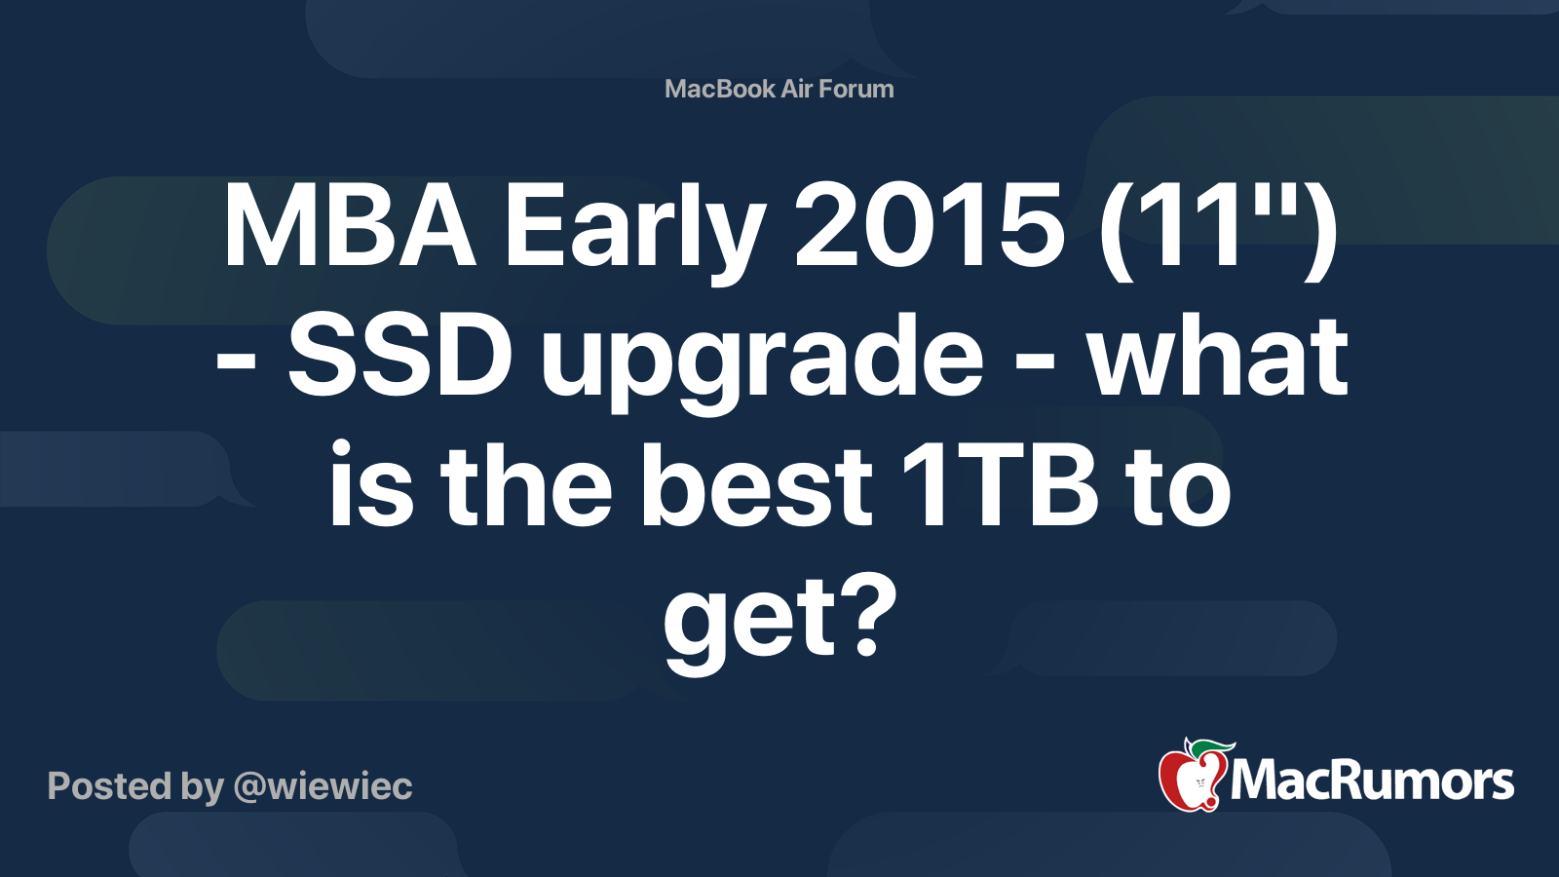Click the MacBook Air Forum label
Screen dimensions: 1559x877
tap(779, 89)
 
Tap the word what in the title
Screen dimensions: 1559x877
tap(1218, 356)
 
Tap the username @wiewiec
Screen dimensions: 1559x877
tap(323, 786)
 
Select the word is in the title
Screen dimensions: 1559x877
tap(371, 484)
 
